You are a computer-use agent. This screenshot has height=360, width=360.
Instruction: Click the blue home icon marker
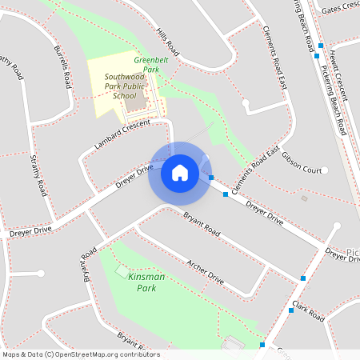click(179, 172)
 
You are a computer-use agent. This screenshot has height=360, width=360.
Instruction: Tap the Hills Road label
click(169, 44)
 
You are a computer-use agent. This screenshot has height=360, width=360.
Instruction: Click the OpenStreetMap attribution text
click(81, 354)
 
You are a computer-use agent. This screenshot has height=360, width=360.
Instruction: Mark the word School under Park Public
click(125, 96)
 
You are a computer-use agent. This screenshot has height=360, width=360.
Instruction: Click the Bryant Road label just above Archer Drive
click(201, 223)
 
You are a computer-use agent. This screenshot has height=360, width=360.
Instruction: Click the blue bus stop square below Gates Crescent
click(320, 46)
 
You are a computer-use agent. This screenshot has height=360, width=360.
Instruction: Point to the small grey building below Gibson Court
click(303, 198)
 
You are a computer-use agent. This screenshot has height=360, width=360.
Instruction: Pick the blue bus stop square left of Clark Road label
click(290, 310)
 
